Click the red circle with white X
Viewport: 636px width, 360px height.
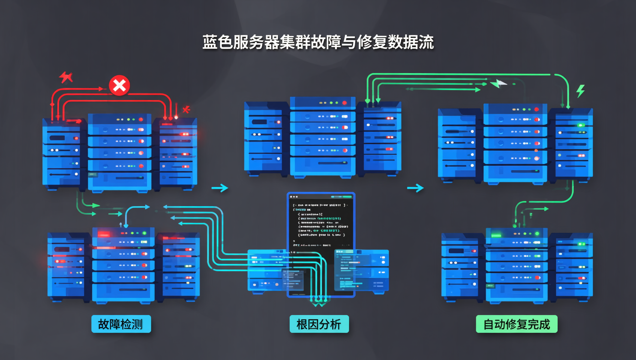[119, 85]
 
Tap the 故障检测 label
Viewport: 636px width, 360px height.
[121, 324]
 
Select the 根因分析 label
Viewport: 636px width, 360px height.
[319, 324]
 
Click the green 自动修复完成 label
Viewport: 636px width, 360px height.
[516, 324]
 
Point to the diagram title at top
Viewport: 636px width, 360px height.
[318, 42]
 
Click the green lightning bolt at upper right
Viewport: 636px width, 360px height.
[580, 91]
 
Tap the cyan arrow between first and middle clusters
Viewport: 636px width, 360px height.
[220, 187]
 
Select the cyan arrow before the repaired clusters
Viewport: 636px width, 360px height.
[415, 187]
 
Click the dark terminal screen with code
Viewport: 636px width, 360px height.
[321, 221]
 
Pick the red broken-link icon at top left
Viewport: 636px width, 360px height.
[66, 77]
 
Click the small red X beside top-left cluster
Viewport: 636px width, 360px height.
[186, 109]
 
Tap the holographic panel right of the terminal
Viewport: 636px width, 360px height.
[361, 270]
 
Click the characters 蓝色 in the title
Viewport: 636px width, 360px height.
[217, 42]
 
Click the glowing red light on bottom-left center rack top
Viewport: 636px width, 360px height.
[104, 234]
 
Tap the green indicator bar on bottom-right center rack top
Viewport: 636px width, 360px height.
[496, 235]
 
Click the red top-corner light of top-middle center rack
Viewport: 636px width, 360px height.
[344, 103]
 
